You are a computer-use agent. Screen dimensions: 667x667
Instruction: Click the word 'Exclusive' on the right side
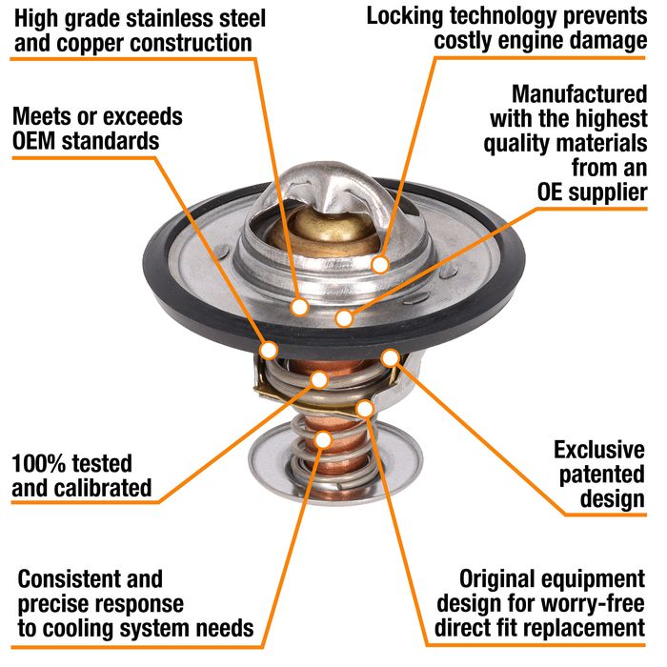[x=599, y=450]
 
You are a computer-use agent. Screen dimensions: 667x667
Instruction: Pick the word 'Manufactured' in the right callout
[x=579, y=93]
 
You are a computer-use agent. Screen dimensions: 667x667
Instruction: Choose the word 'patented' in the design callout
[x=602, y=475]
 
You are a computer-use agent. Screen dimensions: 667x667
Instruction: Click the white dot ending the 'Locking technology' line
[x=380, y=265]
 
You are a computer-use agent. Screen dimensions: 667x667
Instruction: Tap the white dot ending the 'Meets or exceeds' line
[x=269, y=351]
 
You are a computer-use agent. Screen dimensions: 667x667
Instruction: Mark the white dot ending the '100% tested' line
[x=319, y=379]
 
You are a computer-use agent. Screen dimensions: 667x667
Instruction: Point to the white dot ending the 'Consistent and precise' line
[x=324, y=439]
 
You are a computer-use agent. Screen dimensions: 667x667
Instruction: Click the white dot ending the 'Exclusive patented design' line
[x=390, y=357]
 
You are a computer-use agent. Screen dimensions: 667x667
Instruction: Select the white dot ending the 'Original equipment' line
[x=365, y=409]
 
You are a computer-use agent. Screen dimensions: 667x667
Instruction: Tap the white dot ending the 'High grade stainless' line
[x=300, y=307]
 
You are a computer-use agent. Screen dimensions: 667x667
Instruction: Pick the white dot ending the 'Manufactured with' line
[x=344, y=317]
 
